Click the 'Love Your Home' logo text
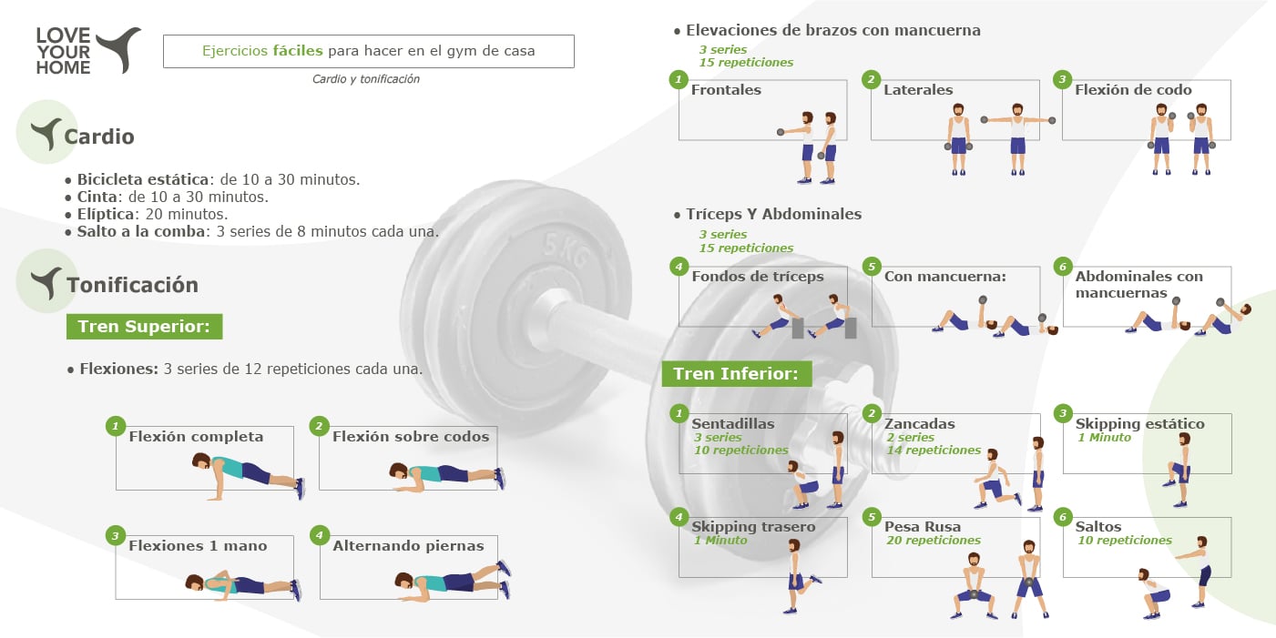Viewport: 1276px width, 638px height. coord(63,51)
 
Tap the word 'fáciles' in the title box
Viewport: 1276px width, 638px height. coord(297,51)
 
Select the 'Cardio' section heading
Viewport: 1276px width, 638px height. coord(99,137)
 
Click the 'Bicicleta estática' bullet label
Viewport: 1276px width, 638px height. coord(143,179)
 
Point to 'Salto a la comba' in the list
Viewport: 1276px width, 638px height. coord(141,231)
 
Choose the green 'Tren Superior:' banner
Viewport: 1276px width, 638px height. coord(144,326)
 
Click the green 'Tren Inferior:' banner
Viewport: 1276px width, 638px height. coord(737,373)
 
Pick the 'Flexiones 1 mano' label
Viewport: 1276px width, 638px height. coord(198,545)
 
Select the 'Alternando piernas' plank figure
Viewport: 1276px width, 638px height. coord(453,581)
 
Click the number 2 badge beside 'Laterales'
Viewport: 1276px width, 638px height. coord(871,79)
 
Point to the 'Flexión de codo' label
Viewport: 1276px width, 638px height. coord(1133,89)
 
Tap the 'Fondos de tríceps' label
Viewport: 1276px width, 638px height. coord(758,277)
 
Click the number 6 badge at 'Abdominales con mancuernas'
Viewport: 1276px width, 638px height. coord(1062,267)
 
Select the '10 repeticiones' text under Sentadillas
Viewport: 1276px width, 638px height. coord(740,451)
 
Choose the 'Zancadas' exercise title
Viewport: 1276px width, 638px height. coord(919,423)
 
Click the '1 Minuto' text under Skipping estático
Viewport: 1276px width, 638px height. coord(1104,437)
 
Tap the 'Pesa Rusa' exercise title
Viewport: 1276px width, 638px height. coord(923,526)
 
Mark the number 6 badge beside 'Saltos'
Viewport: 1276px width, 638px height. coord(1062,517)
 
